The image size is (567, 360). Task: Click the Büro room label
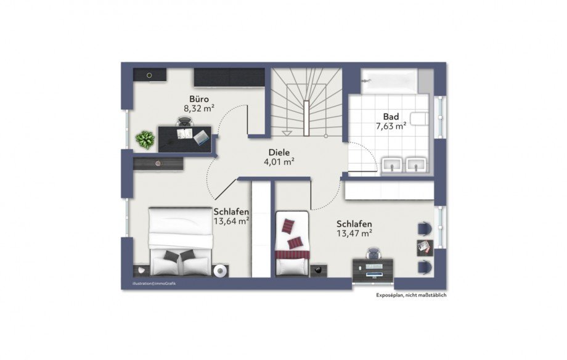click(x=199, y=99)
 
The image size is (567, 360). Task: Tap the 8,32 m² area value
click(x=199, y=108)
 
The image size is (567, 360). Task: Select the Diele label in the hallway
click(x=279, y=153)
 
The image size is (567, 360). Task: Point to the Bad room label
click(x=391, y=117)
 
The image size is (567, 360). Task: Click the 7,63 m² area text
click(x=391, y=126)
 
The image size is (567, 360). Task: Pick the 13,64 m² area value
click(x=232, y=221)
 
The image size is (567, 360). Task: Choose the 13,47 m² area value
click(x=354, y=233)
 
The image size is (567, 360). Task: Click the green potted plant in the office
click(x=145, y=139)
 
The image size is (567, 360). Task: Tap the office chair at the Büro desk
click(x=185, y=121)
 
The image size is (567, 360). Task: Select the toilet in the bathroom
click(x=420, y=118)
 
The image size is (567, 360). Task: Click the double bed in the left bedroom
click(x=181, y=241)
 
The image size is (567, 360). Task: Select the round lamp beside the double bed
click(x=220, y=271)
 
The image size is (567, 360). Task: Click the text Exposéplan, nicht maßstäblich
click(x=411, y=295)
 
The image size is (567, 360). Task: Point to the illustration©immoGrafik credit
click(x=154, y=284)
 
